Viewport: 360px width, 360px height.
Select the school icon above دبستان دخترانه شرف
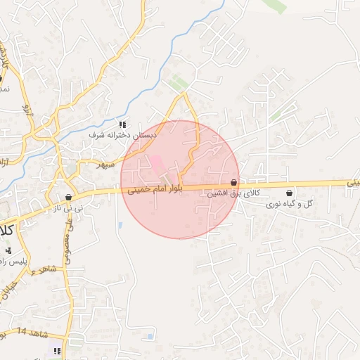coord(123,124)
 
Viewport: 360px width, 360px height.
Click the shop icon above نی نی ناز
coord(68,198)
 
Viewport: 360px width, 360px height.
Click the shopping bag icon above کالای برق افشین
coord(233,182)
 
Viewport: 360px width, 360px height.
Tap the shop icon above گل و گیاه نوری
coord(290,193)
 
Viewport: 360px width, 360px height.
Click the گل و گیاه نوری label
coord(289,204)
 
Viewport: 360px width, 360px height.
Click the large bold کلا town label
coord(6,230)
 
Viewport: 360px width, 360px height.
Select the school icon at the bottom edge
coord(57,350)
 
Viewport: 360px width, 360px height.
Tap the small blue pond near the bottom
coord(150,337)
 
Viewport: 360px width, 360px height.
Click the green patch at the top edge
coord(275,6)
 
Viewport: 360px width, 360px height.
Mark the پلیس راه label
coord(15,261)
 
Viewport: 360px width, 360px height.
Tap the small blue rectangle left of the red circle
coord(120,225)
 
